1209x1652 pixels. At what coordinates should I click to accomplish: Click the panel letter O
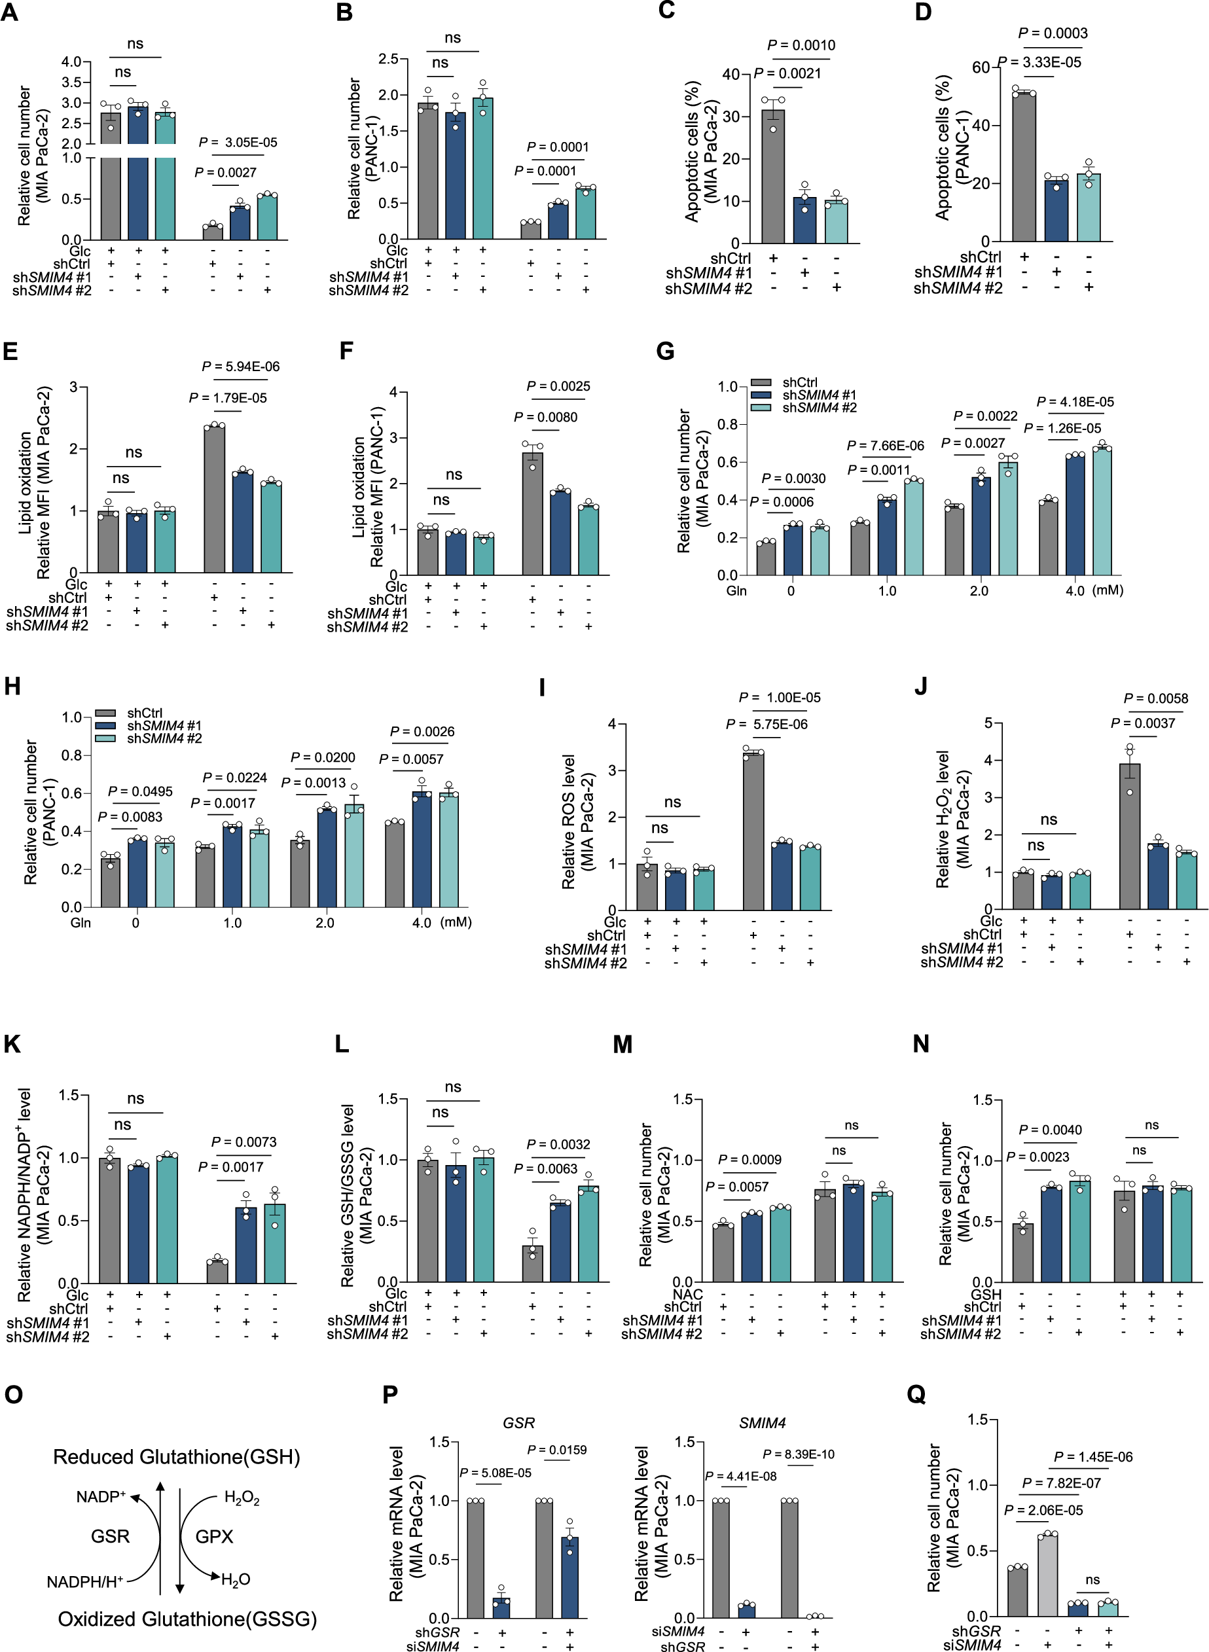coord(13,1395)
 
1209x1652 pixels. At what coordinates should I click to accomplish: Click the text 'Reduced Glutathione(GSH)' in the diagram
coord(176,1457)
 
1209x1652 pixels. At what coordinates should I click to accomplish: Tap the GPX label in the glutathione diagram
coord(213,1536)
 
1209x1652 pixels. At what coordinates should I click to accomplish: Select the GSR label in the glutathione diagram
coord(110,1536)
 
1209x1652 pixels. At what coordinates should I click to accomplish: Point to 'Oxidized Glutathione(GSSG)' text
coord(187,1619)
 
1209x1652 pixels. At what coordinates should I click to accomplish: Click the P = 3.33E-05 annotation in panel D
coord(1039,62)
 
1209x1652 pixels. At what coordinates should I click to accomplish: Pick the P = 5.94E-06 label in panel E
coord(240,367)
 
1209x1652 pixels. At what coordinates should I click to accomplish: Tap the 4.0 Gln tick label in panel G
coord(1074,591)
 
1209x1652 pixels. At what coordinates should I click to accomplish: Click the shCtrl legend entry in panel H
coord(144,713)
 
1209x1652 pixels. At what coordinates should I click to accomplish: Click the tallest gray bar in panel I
coord(753,830)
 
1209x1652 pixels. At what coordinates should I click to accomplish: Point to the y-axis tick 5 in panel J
coord(988,723)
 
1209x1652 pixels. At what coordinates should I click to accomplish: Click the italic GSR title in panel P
coord(518,1423)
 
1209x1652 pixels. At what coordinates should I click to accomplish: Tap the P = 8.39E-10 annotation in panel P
coord(798,1454)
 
